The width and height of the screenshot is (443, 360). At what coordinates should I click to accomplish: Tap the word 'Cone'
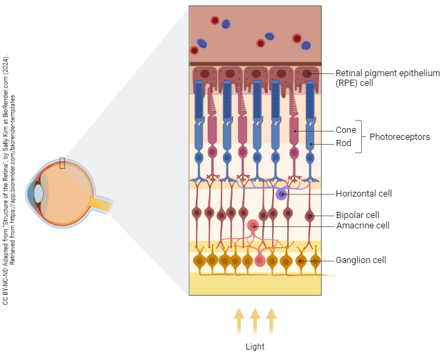coord(345,130)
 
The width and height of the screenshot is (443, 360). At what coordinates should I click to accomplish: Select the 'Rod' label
coord(343,143)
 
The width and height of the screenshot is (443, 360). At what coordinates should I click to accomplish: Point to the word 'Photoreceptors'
coord(399,137)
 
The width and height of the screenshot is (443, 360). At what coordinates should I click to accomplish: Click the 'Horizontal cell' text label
coord(363,194)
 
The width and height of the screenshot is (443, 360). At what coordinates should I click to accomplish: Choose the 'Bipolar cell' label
coord(357,215)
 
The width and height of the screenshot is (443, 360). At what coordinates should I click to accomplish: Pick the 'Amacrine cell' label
coord(362,226)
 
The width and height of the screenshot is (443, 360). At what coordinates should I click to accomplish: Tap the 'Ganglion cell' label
coord(361,260)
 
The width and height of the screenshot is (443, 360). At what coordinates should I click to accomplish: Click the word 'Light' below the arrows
coord(255,346)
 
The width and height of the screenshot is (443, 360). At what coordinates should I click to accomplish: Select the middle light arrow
coord(255,322)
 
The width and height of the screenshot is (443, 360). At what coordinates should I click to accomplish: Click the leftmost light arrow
coord(239,322)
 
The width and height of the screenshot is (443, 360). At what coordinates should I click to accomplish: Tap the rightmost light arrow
coord(271,322)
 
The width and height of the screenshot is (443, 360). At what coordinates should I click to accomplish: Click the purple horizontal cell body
coord(281,195)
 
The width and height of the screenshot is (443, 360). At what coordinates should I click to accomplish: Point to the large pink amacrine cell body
coord(253,226)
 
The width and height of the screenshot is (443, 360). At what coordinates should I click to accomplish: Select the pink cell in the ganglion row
coord(260,261)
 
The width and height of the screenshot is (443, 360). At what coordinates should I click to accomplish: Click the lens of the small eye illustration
coord(39,192)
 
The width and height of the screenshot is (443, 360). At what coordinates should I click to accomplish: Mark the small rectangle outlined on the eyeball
coord(62,163)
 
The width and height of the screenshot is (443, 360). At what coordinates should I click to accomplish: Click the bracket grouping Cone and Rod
coord(360,137)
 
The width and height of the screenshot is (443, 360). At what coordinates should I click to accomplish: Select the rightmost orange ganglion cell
coord(316,261)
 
